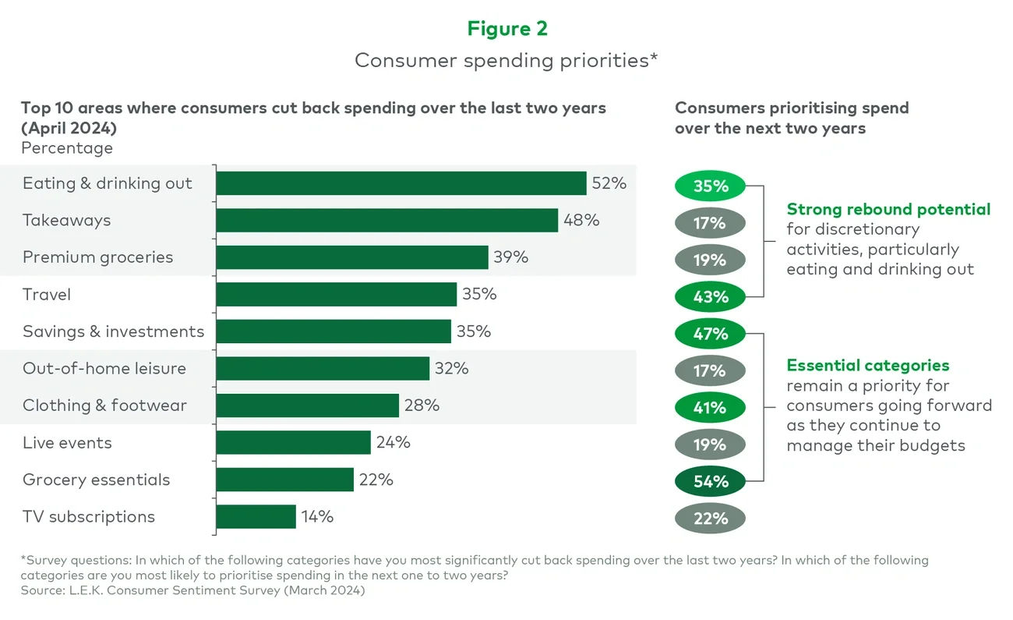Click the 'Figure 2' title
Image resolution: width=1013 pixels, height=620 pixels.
point(507,29)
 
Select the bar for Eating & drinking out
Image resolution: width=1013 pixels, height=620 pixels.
point(401,183)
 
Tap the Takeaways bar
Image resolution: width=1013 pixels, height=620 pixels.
point(386,221)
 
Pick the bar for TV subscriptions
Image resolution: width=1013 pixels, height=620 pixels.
point(256,517)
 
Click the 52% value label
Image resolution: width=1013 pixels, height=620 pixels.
point(609,183)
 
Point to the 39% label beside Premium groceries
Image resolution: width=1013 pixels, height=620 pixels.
point(510,257)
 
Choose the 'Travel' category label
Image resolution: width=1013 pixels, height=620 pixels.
point(47,295)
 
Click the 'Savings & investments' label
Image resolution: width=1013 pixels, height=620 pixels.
point(113,331)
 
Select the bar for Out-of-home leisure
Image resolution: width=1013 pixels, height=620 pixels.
point(323,369)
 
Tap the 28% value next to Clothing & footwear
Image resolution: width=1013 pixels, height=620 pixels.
point(422,406)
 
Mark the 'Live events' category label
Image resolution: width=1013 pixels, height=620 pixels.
point(67,443)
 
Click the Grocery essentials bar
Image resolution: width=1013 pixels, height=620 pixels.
point(284,480)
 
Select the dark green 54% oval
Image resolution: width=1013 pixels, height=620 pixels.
point(710,482)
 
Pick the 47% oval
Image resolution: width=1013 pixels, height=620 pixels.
point(710,334)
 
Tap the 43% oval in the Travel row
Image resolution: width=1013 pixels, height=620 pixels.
point(710,297)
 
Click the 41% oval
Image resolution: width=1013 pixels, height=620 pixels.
point(710,408)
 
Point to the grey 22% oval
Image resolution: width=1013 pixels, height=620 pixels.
point(710,519)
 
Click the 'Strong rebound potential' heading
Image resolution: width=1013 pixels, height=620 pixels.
point(888,209)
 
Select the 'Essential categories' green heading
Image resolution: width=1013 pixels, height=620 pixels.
point(867,365)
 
